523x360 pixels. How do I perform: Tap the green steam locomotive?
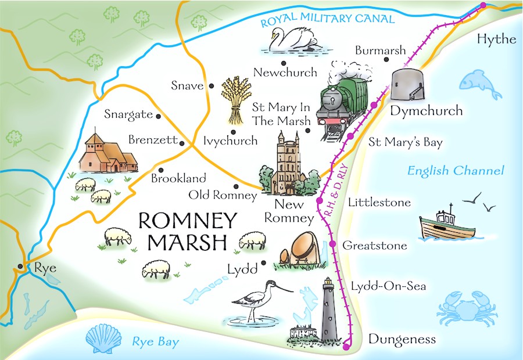(343, 105)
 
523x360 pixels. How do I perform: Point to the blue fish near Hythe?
(480, 84)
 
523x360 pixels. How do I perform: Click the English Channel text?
(455, 171)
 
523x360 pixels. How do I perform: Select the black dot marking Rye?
(21, 267)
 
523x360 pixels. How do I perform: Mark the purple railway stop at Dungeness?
(347, 347)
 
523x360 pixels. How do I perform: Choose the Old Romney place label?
(223, 196)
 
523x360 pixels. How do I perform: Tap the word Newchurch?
(285, 73)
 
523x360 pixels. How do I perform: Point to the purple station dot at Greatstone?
(332, 244)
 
